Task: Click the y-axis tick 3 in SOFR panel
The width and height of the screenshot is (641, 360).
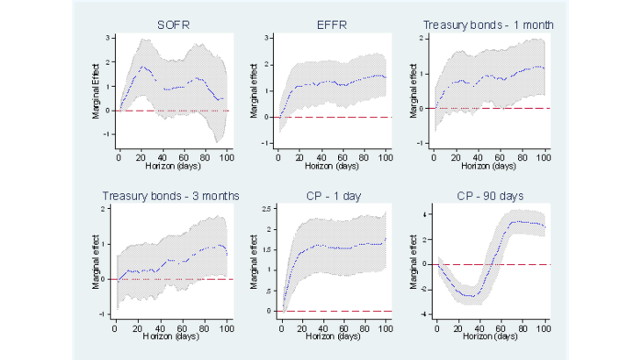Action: (107, 38)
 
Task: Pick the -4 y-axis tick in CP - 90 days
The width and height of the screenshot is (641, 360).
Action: (425, 314)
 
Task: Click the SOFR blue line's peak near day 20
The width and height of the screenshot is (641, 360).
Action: (143, 66)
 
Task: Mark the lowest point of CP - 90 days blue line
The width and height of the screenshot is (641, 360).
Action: (472, 296)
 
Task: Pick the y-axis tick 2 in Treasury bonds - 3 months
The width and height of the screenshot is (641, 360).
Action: (106, 209)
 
